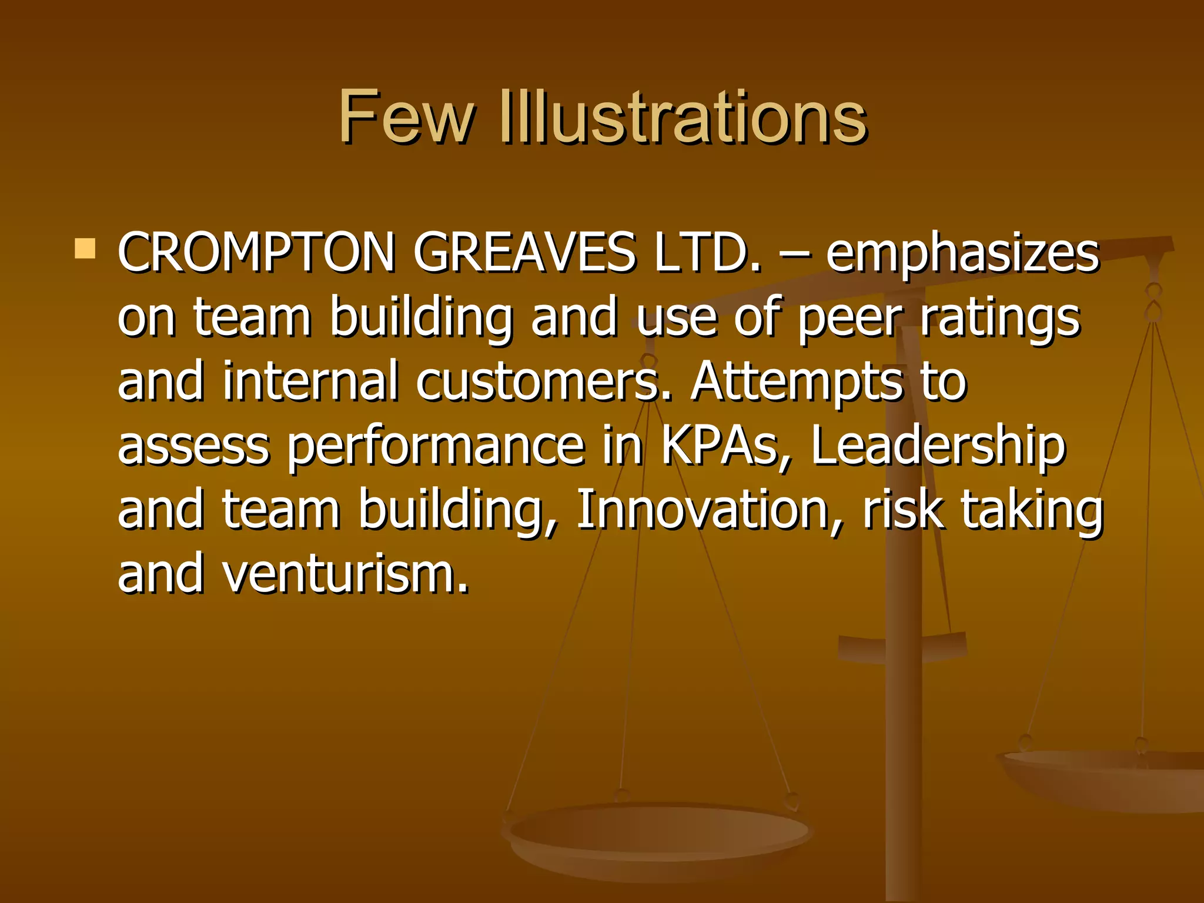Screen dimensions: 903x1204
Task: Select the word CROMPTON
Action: (256, 253)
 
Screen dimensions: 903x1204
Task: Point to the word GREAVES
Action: (524, 253)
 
